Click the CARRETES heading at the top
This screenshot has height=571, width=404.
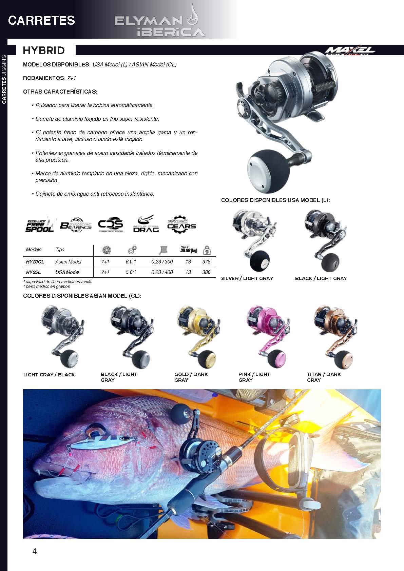[x=42, y=20]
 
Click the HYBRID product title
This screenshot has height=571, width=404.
[x=44, y=51]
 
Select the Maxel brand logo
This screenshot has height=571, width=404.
[x=350, y=51]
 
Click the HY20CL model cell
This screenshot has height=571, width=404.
[x=35, y=262]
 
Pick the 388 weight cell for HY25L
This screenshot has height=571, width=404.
[x=206, y=272]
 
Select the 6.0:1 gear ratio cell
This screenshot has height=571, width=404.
[x=131, y=262]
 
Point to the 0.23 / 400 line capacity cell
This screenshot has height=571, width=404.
[x=162, y=272]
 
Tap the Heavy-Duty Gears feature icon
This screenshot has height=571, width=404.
[x=181, y=224]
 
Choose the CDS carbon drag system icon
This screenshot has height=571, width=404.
[x=111, y=224]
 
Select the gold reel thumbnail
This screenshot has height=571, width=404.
[x=198, y=336]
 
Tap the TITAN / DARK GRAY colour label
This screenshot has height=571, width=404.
[x=324, y=377]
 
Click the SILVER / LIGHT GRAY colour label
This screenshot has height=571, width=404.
[x=247, y=278]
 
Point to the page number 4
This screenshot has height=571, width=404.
[x=35, y=551]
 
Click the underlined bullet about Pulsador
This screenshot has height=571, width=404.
[x=94, y=105]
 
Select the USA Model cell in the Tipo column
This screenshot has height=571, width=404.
[x=67, y=272]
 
